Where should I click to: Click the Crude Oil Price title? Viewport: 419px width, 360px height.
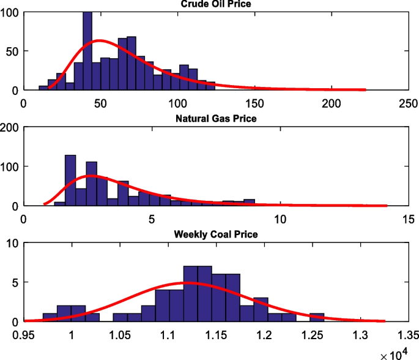click(216, 4)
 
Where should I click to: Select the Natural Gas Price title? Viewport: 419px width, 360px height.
click(216, 119)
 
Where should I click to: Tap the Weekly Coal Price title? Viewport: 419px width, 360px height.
click(216, 234)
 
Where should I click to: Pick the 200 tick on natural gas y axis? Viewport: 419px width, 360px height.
click(10, 127)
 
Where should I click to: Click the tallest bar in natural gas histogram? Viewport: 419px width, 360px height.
click(70, 181)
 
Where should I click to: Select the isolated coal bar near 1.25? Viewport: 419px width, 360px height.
click(317, 317)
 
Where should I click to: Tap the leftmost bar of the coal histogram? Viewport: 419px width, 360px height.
click(50, 317)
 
